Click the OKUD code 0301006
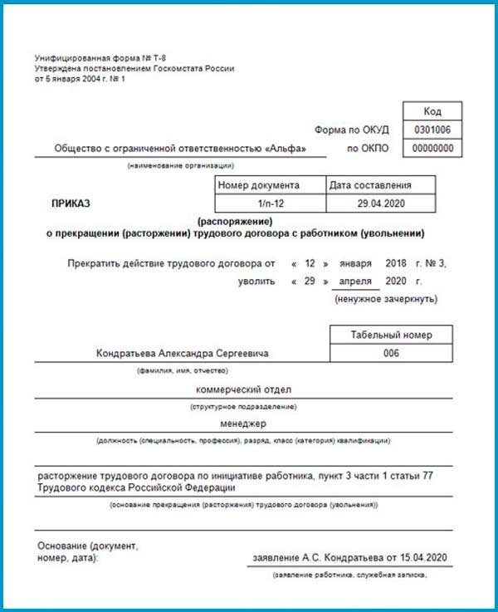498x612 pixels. coord(432,130)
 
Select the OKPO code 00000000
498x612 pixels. coord(432,149)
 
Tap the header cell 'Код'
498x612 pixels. coord(432,111)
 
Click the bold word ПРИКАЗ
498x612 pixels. coord(71,203)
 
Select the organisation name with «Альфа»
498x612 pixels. coord(180,149)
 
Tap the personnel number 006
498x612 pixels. coord(392,353)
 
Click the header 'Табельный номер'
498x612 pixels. coord(392,335)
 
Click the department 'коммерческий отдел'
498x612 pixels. coord(243,389)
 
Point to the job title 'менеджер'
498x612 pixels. coord(243,423)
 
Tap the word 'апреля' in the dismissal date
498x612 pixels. coord(354,282)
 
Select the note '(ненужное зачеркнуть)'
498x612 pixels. coord(386,298)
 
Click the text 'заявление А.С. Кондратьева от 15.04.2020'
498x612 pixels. coord(351,557)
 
